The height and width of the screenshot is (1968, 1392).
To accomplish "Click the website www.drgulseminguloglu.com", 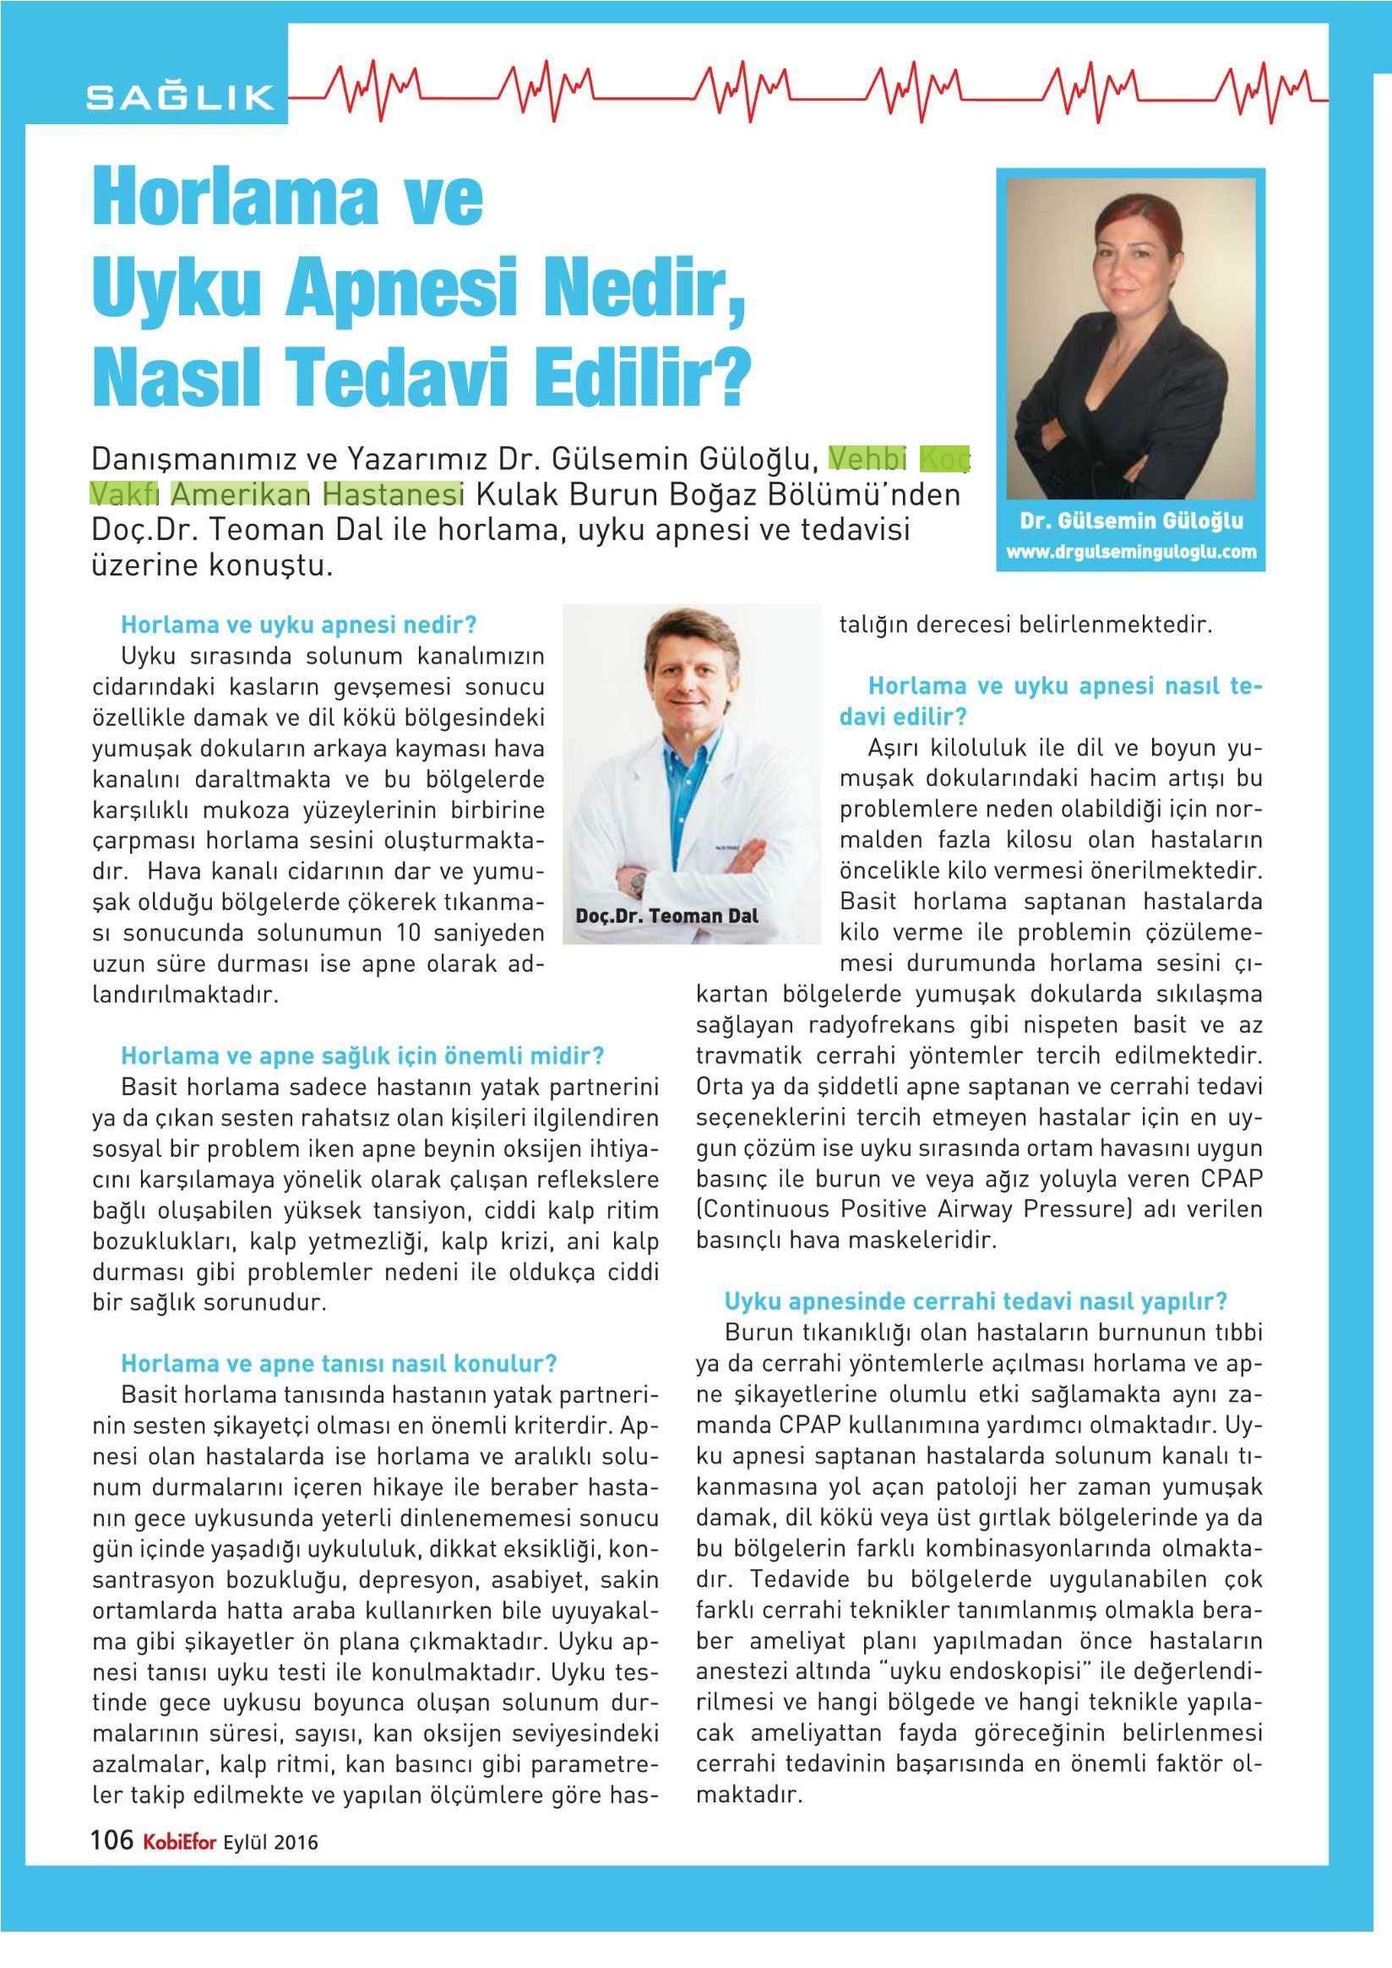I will click(1130, 552).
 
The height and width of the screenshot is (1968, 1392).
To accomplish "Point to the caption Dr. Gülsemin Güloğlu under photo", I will click(1130, 521).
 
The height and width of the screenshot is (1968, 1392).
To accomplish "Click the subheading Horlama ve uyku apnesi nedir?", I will click(298, 624).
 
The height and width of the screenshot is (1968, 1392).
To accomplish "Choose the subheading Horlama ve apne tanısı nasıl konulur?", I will click(339, 1364).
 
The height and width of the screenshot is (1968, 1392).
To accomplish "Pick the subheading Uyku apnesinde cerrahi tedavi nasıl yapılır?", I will click(976, 1300).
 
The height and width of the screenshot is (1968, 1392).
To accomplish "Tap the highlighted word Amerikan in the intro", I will click(240, 495).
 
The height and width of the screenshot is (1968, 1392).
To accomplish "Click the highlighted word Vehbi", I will click(867, 460).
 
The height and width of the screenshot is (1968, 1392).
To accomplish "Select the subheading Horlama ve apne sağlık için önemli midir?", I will click(362, 1055).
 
